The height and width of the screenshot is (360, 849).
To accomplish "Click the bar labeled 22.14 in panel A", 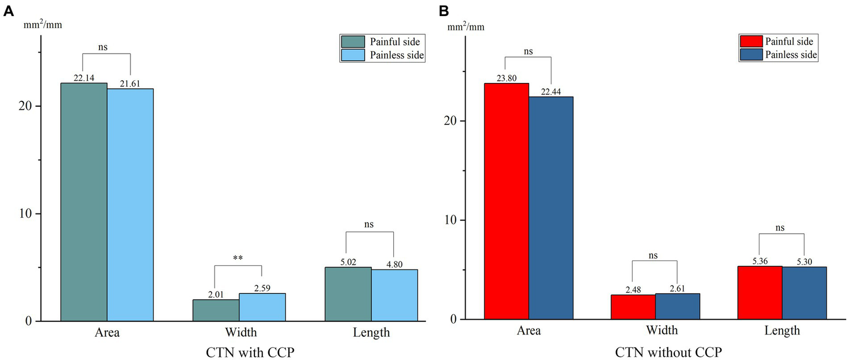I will coord(84,202).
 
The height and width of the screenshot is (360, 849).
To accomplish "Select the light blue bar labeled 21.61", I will coord(130,205).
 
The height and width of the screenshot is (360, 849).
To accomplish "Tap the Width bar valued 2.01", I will coord(216,310).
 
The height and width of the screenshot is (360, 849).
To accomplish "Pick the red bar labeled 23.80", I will coord(506,201).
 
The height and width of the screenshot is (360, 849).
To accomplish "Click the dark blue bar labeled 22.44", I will coord(551,208).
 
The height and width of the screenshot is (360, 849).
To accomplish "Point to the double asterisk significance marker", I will coord(238,258).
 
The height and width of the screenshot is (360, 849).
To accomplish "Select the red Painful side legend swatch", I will coord(750,41).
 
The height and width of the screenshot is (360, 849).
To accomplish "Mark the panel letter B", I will coord(444,11).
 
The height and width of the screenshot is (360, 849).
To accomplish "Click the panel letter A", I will coord(8,11).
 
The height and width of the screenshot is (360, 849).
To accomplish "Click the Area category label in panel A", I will coord(106,332).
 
